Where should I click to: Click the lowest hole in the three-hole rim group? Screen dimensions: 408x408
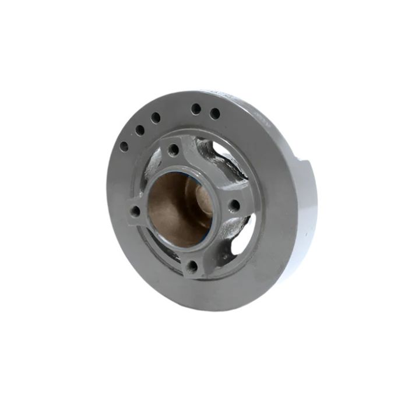click(124, 147)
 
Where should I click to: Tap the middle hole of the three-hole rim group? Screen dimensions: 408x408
click(140, 130)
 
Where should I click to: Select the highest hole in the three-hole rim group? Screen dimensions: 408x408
click(156, 117)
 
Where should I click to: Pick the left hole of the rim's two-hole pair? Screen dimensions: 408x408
click(196, 108)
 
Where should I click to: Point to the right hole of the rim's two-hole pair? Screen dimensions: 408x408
click(215, 113)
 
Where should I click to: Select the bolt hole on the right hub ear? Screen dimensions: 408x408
click(234, 205)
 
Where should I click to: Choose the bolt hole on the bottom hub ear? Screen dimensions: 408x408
click(192, 266)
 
